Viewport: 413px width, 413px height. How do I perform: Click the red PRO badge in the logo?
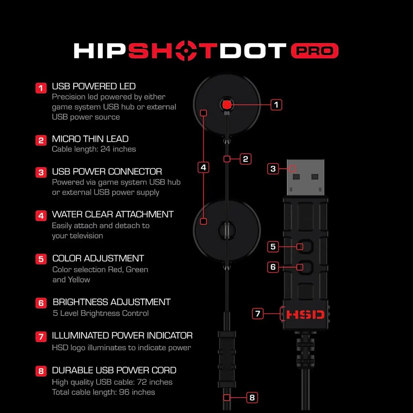pos(315,51)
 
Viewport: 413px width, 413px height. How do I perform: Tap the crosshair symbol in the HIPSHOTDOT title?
pos(186,51)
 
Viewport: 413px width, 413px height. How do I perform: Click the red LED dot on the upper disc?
pos(226,105)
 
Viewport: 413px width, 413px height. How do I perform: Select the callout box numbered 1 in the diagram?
pos(276,105)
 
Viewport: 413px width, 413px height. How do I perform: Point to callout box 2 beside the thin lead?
pos(245,159)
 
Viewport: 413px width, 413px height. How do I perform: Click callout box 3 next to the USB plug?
pos(273,169)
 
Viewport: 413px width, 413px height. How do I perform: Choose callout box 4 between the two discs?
pos(203,167)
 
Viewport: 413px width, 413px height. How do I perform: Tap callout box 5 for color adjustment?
pos(273,246)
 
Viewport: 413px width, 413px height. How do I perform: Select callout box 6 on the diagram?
pos(273,267)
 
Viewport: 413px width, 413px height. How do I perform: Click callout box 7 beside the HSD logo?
pos(258,314)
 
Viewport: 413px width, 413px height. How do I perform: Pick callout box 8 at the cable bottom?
pos(252,398)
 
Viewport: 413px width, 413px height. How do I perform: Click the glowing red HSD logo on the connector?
pos(305,315)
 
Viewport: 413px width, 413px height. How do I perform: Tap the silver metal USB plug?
pos(305,178)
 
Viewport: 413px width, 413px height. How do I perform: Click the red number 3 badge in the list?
pos(41,172)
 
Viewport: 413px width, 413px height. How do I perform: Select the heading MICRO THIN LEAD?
pos(90,139)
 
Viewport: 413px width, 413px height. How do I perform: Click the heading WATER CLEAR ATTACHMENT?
pos(113,214)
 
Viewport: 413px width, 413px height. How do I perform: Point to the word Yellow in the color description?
pos(79,280)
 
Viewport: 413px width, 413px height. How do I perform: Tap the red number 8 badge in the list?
pos(41,371)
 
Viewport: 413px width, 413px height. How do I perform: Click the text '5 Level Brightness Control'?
pos(101,313)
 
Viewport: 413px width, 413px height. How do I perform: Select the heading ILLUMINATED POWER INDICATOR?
pos(122,336)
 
